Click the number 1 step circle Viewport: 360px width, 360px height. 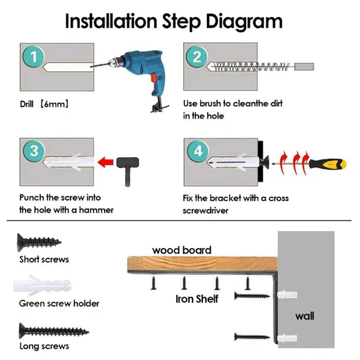(33, 57)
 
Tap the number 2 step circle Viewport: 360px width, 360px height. (197, 56)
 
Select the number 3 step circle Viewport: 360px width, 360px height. (34, 151)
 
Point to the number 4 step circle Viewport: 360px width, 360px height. (198, 151)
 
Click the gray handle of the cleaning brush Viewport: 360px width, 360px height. (304, 67)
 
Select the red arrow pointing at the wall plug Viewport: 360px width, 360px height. (105, 162)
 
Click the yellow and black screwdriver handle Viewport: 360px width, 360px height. (327, 164)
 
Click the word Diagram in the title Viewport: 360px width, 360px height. (244, 22)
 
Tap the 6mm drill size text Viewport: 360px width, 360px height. (54, 104)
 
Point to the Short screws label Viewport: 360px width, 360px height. (44, 259)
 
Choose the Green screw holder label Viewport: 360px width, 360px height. (59, 304)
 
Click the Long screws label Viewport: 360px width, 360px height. (44, 346)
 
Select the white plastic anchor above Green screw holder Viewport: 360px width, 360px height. (43, 285)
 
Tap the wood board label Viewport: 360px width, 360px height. (181, 250)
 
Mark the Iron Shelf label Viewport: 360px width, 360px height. (197, 299)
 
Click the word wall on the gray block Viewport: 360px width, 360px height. (304, 316)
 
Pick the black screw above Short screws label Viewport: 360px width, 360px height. (39, 242)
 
